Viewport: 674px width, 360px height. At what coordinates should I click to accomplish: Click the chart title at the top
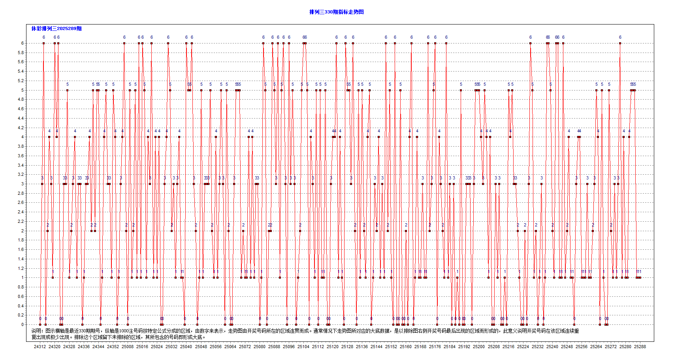pos(336,12)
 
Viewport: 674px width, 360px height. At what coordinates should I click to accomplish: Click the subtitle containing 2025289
pos(56,28)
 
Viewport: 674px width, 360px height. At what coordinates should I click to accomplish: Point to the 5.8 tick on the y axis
pos(20,53)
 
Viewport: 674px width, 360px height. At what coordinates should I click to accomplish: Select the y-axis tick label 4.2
pos(20,128)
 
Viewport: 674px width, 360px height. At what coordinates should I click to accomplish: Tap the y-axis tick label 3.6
pos(20,156)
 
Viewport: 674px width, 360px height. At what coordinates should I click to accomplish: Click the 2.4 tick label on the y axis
pos(20,212)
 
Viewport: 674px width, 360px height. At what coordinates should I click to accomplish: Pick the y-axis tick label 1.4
pos(20,259)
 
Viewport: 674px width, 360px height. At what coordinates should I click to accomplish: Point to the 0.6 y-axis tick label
pos(20,296)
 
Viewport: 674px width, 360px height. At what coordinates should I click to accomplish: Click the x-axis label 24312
pos(40,347)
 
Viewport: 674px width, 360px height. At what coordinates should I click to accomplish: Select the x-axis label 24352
pos(113,347)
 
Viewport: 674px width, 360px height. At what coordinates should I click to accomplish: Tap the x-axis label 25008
pos(128,347)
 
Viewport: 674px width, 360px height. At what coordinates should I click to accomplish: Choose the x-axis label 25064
pos(230,347)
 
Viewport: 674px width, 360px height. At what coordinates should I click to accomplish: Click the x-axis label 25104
pos(303,347)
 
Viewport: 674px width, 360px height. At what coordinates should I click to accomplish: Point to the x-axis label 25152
pos(391,347)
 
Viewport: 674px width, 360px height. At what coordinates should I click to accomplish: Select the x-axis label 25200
pos(479,347)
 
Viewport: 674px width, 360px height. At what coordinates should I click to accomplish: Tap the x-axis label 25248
pos(567,347)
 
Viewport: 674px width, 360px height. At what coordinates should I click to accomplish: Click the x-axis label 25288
pos(640,347)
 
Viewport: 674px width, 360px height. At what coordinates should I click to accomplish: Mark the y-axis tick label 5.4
pos(20,71)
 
